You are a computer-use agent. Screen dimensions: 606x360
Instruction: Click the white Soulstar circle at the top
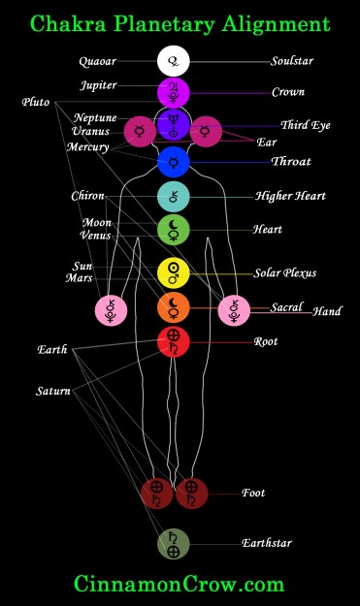click(x=173, y=62)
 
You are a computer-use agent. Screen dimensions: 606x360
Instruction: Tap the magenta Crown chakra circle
click(x=173, y=93)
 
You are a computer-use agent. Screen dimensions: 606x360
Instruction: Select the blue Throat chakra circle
click(x=173, y=161)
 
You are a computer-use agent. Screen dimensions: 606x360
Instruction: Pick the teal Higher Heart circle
click(x=173, y=196)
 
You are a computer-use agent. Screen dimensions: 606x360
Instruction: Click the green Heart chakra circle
click(x=173, y=230)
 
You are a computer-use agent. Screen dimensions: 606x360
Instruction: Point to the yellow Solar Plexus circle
click(x=173, y=272)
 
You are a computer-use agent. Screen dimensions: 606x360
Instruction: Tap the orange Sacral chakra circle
click(x=173, y=307)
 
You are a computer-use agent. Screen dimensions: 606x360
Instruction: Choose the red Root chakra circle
click(x=173, y=341)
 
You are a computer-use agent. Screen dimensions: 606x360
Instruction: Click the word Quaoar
click(x=98, y=62)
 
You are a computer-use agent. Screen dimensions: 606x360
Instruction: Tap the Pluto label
click(x=38, y=102)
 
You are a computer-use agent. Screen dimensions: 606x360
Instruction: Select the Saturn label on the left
click(x=53, y=391)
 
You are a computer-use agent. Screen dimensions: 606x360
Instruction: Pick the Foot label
click(x=252, y=493)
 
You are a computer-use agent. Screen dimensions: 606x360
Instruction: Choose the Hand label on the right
click(x=326, y=312)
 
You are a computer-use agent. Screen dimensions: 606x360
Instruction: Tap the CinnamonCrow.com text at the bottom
click(x=180, y=584)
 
